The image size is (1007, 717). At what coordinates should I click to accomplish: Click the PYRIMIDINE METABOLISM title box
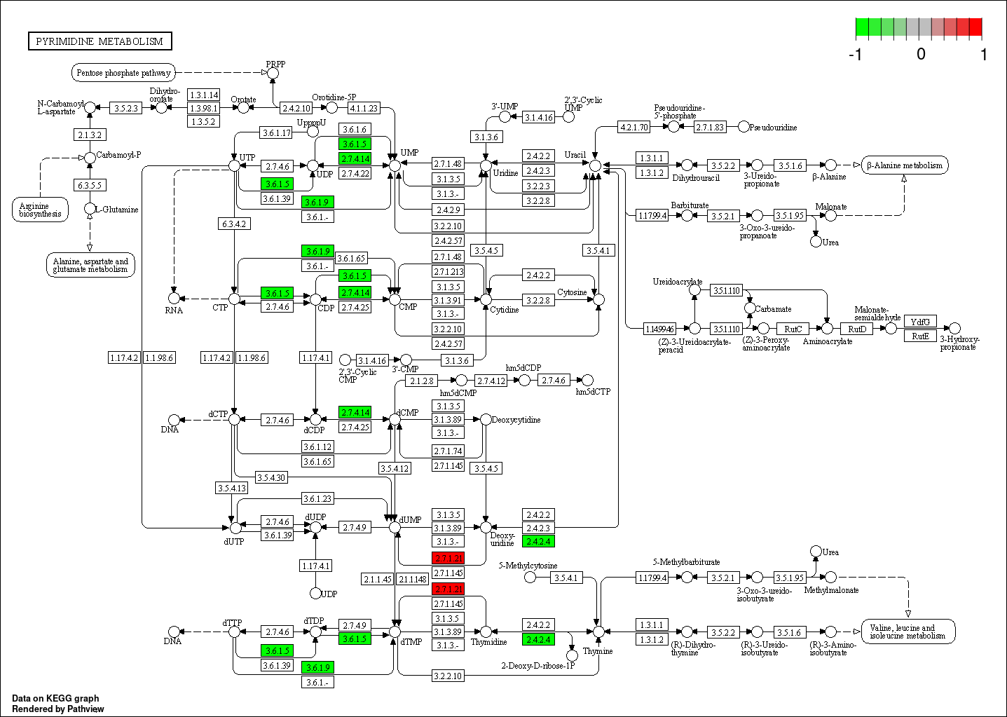[x=100, y=41]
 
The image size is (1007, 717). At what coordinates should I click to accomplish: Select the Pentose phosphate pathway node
[x=123, y=72]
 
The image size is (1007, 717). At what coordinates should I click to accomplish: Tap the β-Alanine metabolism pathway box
[x=904, y=165]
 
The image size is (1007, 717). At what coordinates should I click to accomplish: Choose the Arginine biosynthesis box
[x=40, y=210]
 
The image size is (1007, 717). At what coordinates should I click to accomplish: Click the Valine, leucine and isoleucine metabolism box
[x=907, y=631]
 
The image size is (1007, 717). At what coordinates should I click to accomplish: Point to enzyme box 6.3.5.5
[x=90, y=185]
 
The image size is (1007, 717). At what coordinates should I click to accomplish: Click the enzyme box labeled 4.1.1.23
[x=364, y=108]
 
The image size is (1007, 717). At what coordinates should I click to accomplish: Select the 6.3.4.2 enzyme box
[x=234, y=224]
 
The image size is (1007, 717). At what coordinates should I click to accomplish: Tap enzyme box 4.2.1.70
[x=634, y=127]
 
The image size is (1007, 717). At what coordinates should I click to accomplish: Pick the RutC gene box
[x=793, y=329]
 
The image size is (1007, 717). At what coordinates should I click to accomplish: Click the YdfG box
[x=920, y=322]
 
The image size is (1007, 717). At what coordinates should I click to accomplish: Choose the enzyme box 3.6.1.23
[x=317, y=498]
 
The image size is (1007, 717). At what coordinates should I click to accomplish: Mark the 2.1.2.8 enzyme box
[x=422, y=381]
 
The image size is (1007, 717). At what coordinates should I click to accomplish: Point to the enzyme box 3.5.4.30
[x=270, y=477]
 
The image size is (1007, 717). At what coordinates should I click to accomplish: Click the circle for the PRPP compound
[x=273, y=73]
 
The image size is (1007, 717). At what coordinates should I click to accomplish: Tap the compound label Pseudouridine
[x=773, y=128]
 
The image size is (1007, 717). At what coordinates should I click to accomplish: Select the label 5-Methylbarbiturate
[x=686, y=562]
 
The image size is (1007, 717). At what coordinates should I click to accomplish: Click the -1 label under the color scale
[x=855, y=55]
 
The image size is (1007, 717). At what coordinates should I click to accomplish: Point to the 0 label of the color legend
[x=921, y=55]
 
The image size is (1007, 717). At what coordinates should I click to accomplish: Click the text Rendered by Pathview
[x=58, y=709]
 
